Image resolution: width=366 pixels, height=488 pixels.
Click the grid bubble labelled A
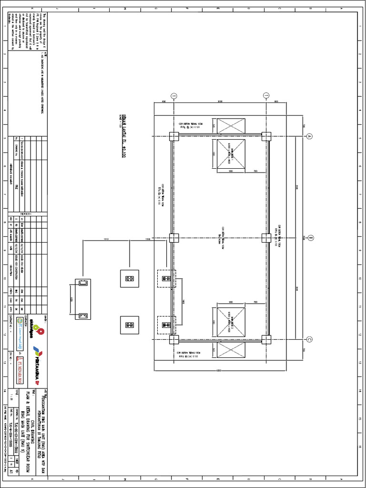coord(309,136)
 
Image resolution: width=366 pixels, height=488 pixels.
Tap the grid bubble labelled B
coord(310,237)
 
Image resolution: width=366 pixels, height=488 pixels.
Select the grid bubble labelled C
coord(309,339)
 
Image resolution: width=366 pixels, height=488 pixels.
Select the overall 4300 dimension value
coord(219,371)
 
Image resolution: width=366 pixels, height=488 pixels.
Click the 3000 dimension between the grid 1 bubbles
coord(220,102)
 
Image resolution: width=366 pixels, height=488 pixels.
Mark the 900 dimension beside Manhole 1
coord(231,171)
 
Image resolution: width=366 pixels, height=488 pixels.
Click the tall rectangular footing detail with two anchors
coord(82,299)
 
